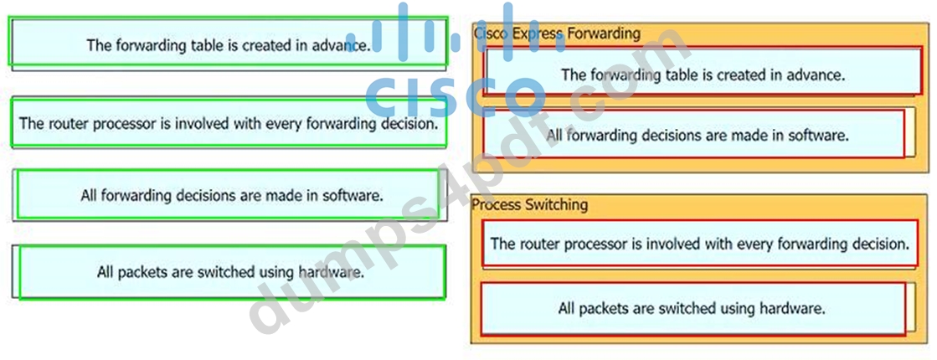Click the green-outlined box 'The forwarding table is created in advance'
228,41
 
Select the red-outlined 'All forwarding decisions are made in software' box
694,133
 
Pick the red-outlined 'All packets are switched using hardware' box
693,309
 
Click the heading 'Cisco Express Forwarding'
557,33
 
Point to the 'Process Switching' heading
529,205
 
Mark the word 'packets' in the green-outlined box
142,273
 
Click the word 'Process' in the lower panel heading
496,205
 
